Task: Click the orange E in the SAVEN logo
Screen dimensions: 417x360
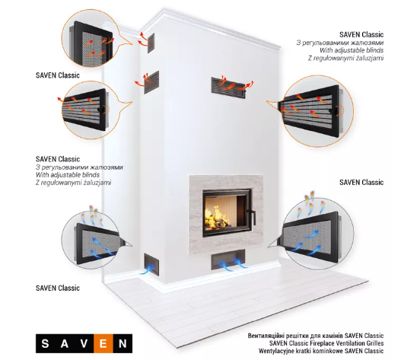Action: pos(103,343)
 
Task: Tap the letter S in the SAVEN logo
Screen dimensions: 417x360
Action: pos(45,343)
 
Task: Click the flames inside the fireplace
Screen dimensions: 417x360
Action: pos(218,218)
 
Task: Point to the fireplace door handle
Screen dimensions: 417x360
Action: pos(251,215)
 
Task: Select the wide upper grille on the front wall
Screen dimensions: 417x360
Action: pos(228,88)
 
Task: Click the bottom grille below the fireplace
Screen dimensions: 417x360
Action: pos(228,260)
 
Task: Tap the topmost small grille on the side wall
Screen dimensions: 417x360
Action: pos(151,43)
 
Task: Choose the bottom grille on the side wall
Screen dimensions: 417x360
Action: pos(151,264)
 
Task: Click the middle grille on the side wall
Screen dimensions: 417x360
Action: pos(151,82)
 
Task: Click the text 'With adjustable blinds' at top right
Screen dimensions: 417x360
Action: pos(352,50)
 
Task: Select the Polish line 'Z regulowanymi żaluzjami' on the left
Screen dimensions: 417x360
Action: pos(73,183)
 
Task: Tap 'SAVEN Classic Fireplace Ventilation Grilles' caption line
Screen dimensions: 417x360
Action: pos(326,343)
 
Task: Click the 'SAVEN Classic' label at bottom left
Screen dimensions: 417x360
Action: pos(58,288)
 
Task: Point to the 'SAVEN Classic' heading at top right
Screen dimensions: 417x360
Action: pos(361,34)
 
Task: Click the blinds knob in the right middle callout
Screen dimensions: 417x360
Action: pos(333,110)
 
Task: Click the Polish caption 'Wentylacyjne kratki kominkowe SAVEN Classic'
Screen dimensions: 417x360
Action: pos(321,351)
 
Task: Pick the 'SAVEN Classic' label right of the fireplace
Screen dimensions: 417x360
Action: pos(361,183)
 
